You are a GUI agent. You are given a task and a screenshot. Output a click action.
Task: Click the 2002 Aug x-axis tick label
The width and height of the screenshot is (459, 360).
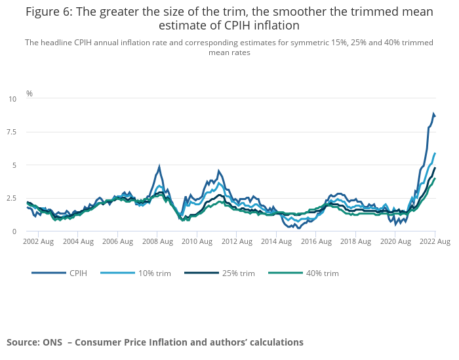click(x=38, y=242)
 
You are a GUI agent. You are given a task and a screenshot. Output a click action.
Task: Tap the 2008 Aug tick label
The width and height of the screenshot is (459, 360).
click(x=157, y=242)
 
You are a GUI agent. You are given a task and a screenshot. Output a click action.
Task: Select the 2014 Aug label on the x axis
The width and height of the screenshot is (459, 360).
click(x=277, y=242)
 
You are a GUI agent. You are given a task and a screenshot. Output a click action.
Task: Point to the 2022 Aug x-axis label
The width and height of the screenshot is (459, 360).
click(x=434, y=242)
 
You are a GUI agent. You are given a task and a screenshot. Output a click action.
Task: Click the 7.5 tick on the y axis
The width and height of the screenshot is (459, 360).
click(x=12, y=132)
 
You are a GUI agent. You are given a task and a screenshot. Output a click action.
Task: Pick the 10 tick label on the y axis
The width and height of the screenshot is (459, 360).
click(x=12, y=98)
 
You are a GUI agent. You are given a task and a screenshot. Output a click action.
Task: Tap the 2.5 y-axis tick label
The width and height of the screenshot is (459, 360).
click(x=12, y=198)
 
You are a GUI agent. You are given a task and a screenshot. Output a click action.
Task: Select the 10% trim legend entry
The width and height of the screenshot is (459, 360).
click(x=154, y=273)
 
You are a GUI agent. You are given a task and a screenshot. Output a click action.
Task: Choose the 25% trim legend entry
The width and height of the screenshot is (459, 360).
click(x=238, y=273)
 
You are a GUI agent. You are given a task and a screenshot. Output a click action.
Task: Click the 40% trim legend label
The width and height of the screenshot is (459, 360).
click(x=322, y=273)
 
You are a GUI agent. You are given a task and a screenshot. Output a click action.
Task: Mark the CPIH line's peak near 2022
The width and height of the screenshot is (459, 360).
click(x=433, y=114)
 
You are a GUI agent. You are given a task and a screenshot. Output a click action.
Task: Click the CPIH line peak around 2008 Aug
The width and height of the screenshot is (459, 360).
click(x=159, y=167)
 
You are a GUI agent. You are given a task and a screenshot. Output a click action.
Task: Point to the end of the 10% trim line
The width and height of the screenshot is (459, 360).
click(x=435, y=153)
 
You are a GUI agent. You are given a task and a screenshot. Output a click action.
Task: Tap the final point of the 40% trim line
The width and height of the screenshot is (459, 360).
click(x=435, y=178)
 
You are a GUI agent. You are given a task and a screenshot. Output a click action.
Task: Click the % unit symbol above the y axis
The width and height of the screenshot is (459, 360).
click(x=29, y=94)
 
